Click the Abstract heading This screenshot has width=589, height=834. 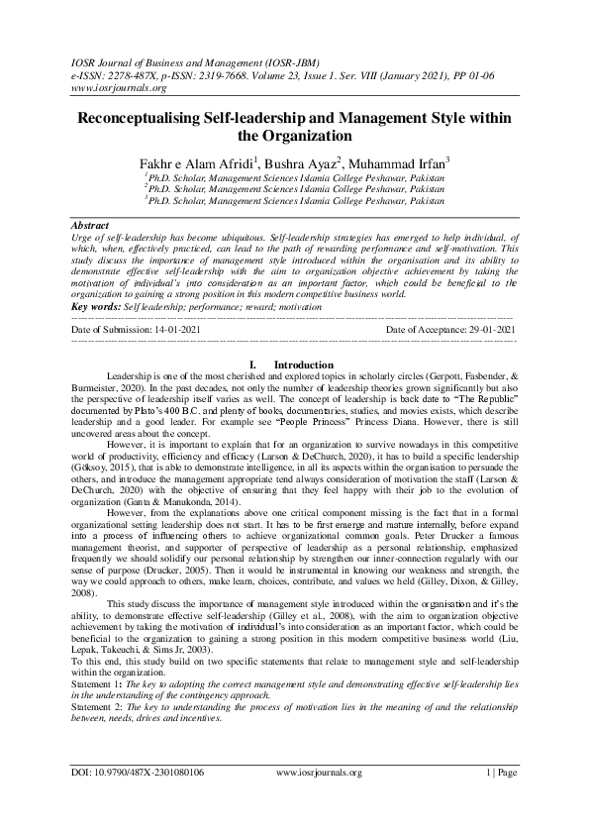tap(92, 225)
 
